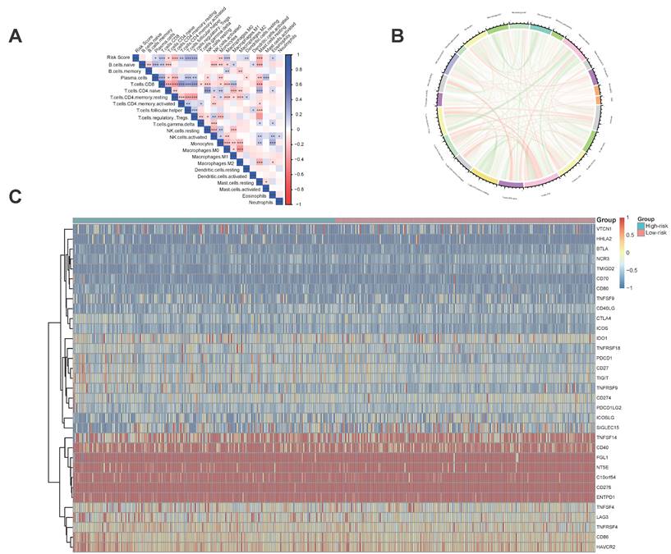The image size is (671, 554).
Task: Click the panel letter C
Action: click(15, 197)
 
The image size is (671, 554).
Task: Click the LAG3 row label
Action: click(604, 515)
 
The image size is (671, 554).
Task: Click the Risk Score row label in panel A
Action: click(120, 57)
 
